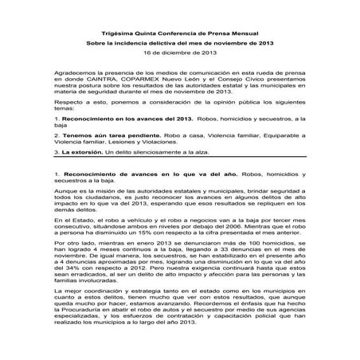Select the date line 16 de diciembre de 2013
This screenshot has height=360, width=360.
pyautogui.click(x=180, y=52)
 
